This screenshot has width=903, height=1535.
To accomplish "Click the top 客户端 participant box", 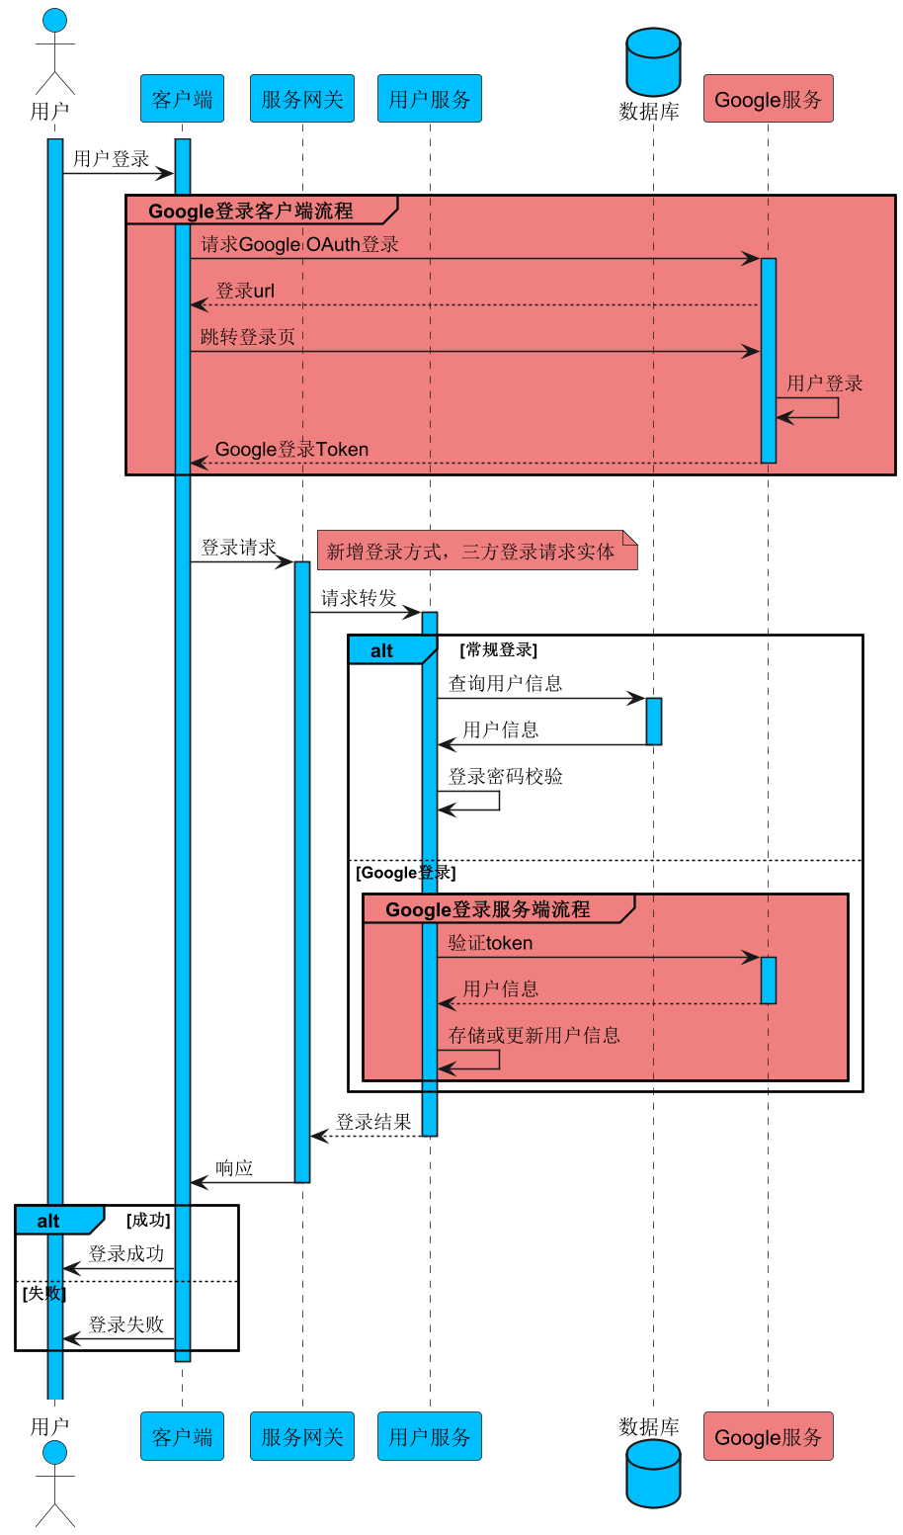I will click(182, 99).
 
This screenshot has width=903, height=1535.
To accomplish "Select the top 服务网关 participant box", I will click(302, 99).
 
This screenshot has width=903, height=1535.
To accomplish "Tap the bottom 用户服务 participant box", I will click(429, 1436).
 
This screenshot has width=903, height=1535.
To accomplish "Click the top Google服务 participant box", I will click(768, 99).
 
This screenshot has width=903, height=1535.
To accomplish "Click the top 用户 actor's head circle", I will click(55, 20).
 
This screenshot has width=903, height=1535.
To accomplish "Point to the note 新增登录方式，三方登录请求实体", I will click(476, 552).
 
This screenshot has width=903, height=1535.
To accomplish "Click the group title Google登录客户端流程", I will click(250, 211).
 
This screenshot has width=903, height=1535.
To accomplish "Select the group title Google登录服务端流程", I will click(487, 909).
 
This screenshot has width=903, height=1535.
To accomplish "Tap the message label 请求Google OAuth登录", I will click(299, 244).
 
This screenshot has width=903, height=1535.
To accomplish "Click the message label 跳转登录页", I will click(247, 337).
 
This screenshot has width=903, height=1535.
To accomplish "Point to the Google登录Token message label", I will click(291, 450).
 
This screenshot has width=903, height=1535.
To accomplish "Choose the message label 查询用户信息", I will click(505, 683).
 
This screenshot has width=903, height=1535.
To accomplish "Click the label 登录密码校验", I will click(505, 776).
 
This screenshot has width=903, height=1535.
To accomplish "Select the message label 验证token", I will click(490, 943).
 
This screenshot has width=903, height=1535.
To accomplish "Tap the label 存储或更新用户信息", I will click(534, 1035).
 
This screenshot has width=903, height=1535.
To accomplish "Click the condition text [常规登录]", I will click(498, 650).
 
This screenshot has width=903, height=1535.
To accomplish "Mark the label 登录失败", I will click(125, 1324).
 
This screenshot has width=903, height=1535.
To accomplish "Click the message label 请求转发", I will click(359, 598).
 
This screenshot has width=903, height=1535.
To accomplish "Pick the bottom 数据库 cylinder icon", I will click(653, 1473).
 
